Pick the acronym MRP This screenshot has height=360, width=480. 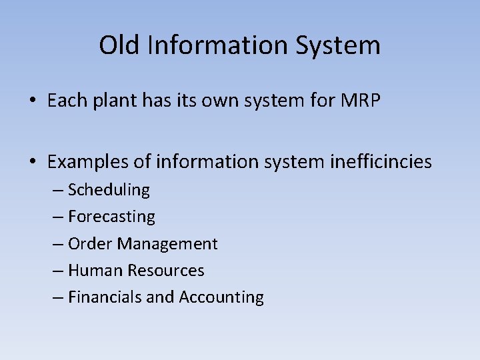(x=361, y=101)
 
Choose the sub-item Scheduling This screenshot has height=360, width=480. (x=109, y=190)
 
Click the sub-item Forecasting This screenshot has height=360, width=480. (x=111, y=217)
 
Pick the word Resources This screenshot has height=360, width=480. (x=166, y=271)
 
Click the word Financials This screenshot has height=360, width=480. (x=105, y=297)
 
